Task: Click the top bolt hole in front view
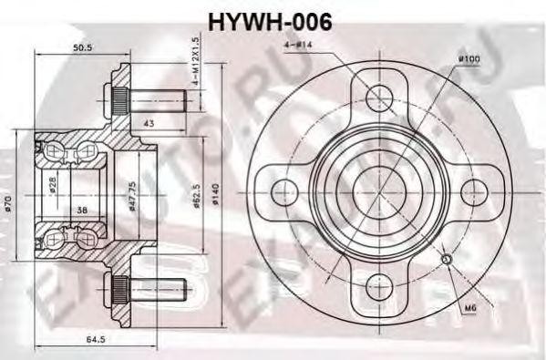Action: [378, 96]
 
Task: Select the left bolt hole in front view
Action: [282, 191]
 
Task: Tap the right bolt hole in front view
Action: [474, 191]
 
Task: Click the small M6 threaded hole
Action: [446, 262]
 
